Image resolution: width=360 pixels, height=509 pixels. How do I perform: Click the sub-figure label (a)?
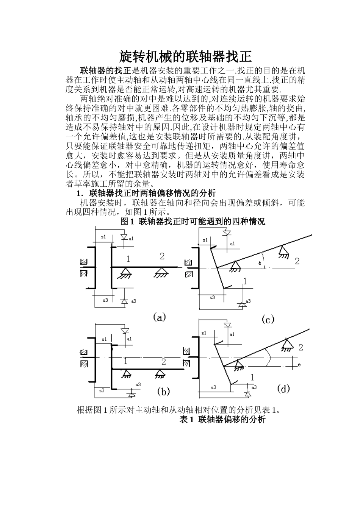160,317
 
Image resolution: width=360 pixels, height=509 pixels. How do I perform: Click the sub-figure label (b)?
163,391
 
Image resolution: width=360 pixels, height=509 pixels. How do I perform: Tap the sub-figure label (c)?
268,320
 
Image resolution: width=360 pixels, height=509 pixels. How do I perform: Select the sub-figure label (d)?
283,388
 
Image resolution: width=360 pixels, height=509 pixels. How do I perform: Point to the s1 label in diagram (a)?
103,237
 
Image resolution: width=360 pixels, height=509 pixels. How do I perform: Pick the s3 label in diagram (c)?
212,298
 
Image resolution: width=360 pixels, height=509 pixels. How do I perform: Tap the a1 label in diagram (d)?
232,334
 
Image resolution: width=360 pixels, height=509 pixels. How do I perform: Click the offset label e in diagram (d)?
299,364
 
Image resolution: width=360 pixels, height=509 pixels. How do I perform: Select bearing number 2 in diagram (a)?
162,256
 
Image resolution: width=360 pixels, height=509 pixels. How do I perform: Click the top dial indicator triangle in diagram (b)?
124,330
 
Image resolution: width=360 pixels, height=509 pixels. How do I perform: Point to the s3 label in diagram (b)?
101,390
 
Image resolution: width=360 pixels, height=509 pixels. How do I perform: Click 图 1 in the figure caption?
127,222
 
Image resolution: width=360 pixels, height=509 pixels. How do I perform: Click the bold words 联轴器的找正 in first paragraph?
105,70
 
